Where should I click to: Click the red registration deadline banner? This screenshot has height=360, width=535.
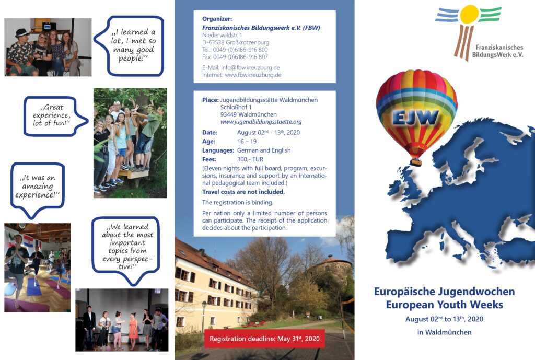click(x=264, y=339)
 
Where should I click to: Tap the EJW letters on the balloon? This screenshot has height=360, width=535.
click(x=415, y=118)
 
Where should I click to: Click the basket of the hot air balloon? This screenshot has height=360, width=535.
click(x=415, y=162)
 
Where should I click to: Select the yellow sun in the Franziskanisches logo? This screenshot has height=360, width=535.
click(x=470, y=15)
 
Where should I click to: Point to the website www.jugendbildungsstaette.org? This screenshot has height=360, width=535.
click(x=261, y=122)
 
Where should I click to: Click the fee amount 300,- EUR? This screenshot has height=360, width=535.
click(x=250, y=159)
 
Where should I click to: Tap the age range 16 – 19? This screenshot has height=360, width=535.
click(x=247, y=141)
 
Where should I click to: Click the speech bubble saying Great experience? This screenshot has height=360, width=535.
click(x=51, y=116)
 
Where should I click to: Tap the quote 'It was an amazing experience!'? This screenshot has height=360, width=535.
click(x=37, y=187)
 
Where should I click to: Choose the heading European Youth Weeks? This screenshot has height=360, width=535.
click(x=444, y=305)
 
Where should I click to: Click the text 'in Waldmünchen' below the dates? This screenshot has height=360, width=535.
click(x=444, y=332)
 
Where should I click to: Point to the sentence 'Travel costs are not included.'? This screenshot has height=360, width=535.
click(x=243, y=192)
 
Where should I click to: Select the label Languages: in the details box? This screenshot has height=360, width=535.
click(x=218, y=150)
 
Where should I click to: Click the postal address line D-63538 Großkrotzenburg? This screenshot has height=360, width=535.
click(x=236, y=42)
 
